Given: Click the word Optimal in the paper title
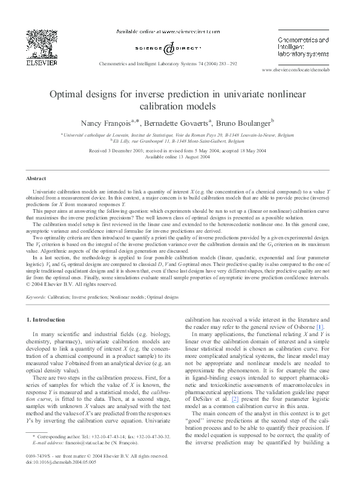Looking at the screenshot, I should [68, 94].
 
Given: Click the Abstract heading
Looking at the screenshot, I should [36, 178].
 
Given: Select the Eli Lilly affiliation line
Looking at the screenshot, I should [180, 140].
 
